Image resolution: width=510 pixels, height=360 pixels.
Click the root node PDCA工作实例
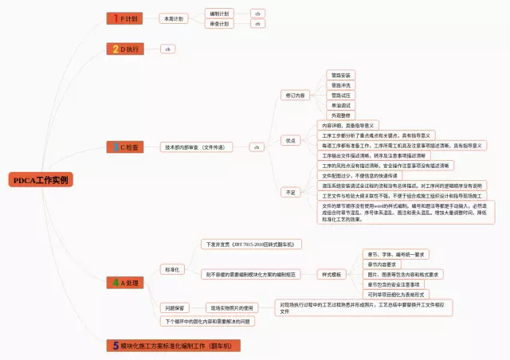(x=41, y=180)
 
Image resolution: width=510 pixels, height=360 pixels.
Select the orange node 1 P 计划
(x=124, y=18)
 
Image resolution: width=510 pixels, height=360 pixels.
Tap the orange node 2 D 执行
(x=125, y=49)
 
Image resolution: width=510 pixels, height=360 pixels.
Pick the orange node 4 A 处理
(x=125, y=283)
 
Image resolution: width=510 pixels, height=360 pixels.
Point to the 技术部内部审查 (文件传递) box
(x=194, y=147)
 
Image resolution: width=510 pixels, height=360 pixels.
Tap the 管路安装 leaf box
(x=340, y=75)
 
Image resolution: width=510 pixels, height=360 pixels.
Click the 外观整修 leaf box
(x=340, y=115)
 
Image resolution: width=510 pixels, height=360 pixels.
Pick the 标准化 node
(x=171, y=270)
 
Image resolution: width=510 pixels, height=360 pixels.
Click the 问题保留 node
(x=175, y=307)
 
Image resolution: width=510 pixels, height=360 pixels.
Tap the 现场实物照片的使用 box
(x=231, y=307)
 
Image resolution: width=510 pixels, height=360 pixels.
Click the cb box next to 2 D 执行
(x=167, y=49)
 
